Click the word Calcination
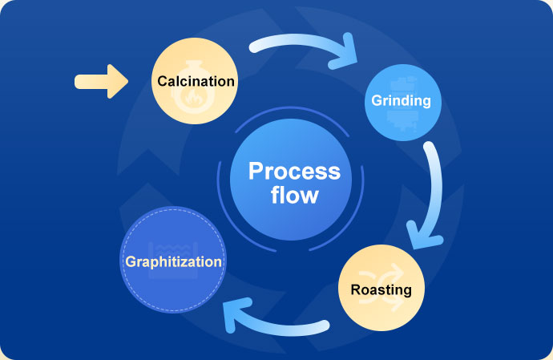[196, 81]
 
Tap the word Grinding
[401, 101]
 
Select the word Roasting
[381, 289]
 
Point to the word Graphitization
[174, 262]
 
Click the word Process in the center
[294, 171]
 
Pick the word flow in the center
[295, 195]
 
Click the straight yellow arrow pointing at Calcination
[101, 82]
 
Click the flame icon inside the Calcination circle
[192, 97]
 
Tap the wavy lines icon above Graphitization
[173, 248]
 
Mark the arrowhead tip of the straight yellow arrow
[128, 82]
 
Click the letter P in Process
[256, 171]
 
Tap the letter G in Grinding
[377, 100]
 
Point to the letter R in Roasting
[356, 289]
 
